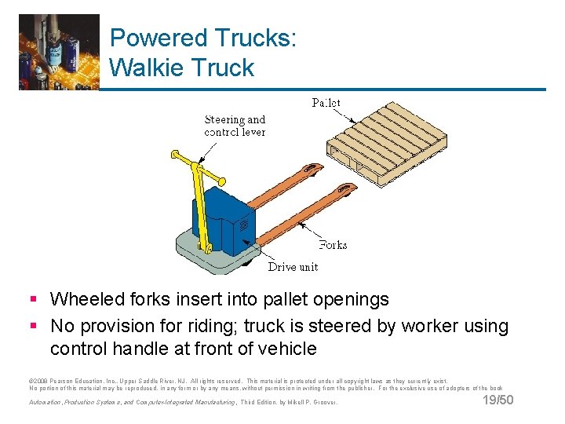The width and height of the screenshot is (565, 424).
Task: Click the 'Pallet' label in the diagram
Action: (x=326, y=103)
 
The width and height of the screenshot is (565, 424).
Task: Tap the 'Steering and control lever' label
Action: (x=235, y=126)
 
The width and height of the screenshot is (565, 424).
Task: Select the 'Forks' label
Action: (x=332, y=245)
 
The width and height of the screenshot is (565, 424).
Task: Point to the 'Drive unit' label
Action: (x=293, y=267)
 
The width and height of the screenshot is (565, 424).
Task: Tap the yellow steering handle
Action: (x=198, y=196)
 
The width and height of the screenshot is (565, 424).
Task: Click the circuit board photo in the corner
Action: (x=59, y=52)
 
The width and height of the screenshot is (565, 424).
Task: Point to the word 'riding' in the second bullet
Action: (x=221, y=326)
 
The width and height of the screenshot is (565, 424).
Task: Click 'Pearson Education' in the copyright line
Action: (x=75, y=379)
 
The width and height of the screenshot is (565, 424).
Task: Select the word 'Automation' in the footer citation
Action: (x=46, y=402)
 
